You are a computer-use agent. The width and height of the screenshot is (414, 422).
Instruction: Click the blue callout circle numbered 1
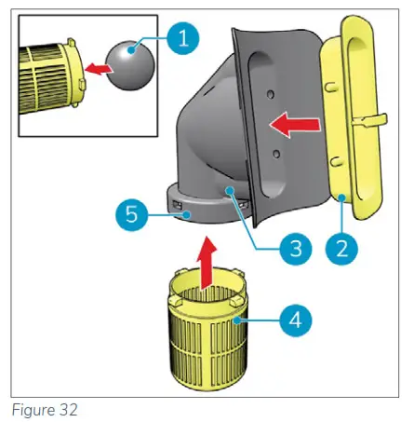[x=183, y=40]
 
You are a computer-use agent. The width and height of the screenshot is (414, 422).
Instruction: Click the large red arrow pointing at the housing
[x=287, y=123]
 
